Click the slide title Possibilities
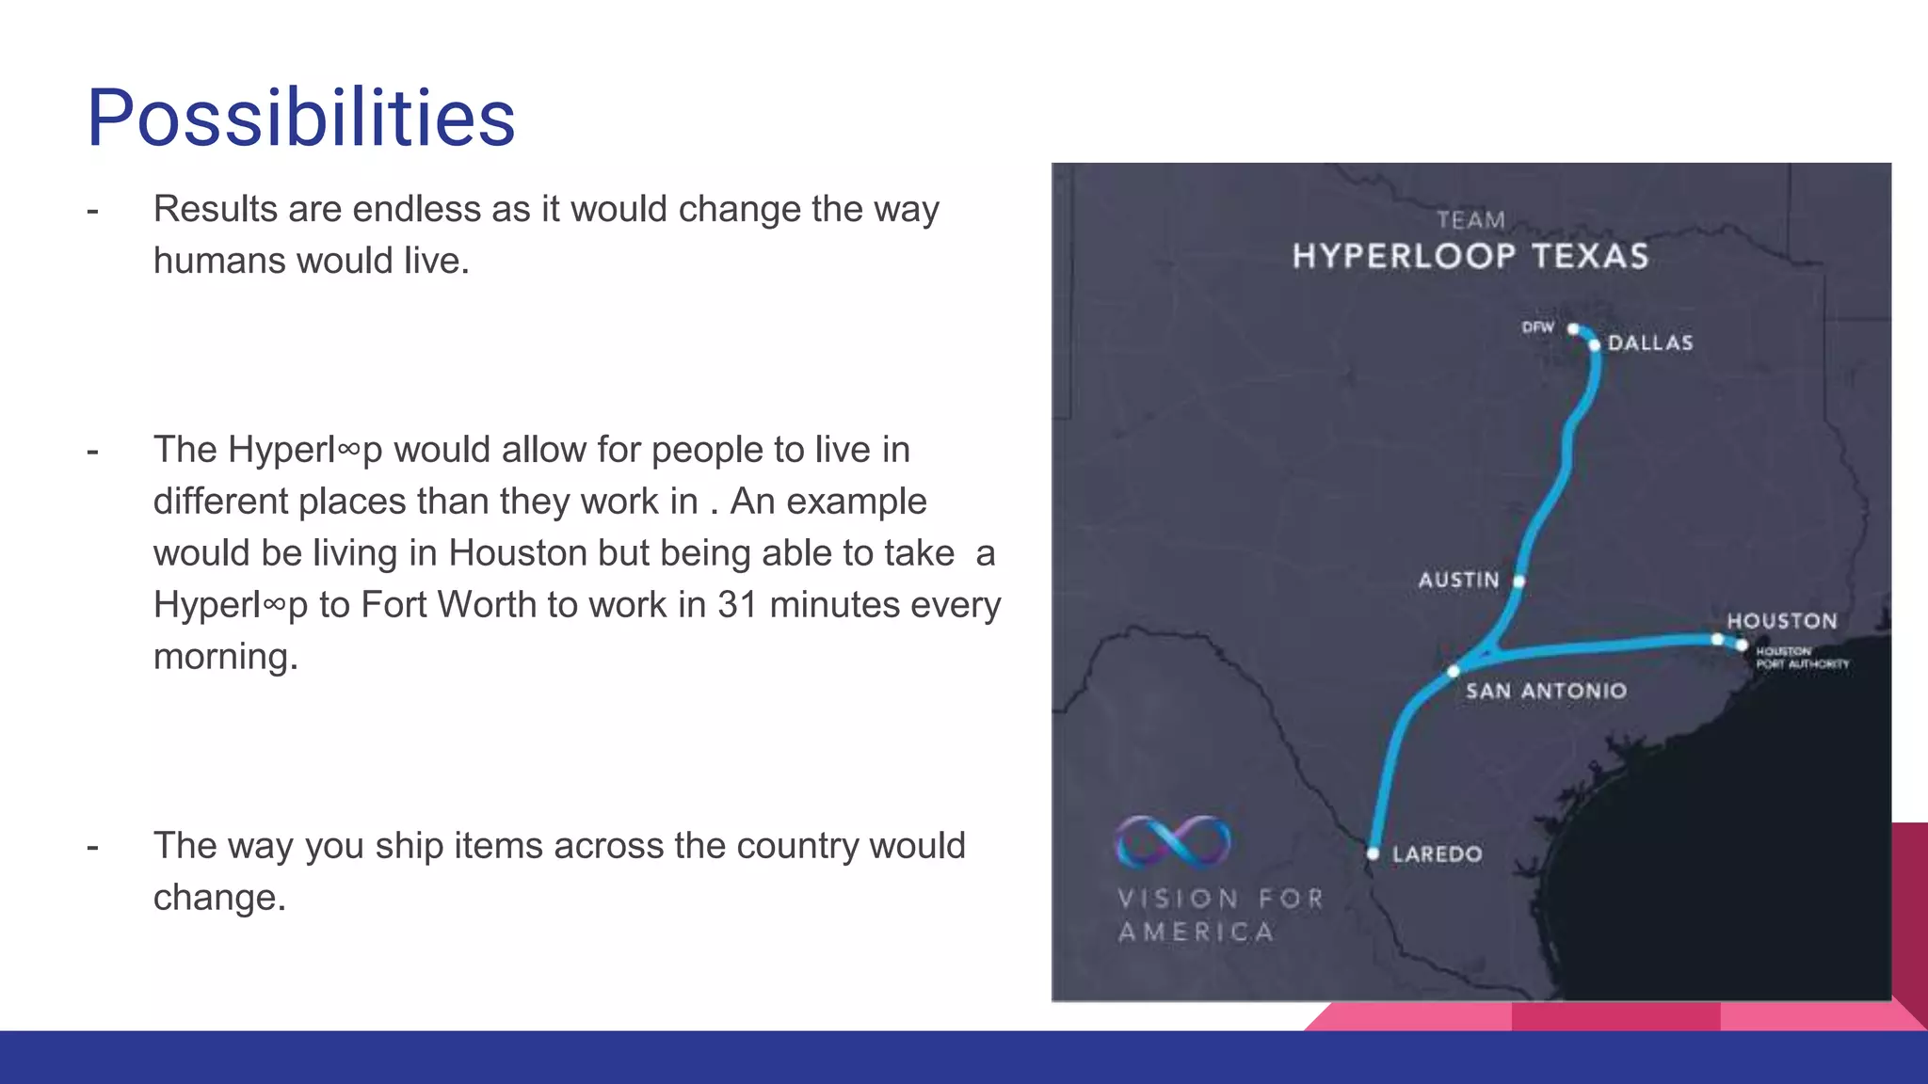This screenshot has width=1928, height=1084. (300, 118)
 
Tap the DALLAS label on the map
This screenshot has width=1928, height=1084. (1649, 343)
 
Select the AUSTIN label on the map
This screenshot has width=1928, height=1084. (1458, 580)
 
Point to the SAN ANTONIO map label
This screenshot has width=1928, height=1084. (1546, 691)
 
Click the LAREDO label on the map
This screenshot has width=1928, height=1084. (1437, 854)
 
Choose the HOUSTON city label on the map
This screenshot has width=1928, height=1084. (1781, 621)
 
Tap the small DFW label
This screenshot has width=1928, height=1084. (1537, 327)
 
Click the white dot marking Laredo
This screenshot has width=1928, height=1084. (1373, 853)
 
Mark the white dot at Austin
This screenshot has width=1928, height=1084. (1518, 582)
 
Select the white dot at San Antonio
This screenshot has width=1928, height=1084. (1454, 671)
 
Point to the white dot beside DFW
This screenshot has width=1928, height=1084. (1573, 328)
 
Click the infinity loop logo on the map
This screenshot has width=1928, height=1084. (1172, 840)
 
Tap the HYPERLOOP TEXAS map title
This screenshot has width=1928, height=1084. (1470, 256)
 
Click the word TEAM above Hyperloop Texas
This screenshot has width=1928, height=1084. (1470, 220)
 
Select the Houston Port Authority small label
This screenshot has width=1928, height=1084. (1802, 658)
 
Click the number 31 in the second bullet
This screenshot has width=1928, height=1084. (737, 605)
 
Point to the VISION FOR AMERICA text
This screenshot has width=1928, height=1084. (1220, 915)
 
